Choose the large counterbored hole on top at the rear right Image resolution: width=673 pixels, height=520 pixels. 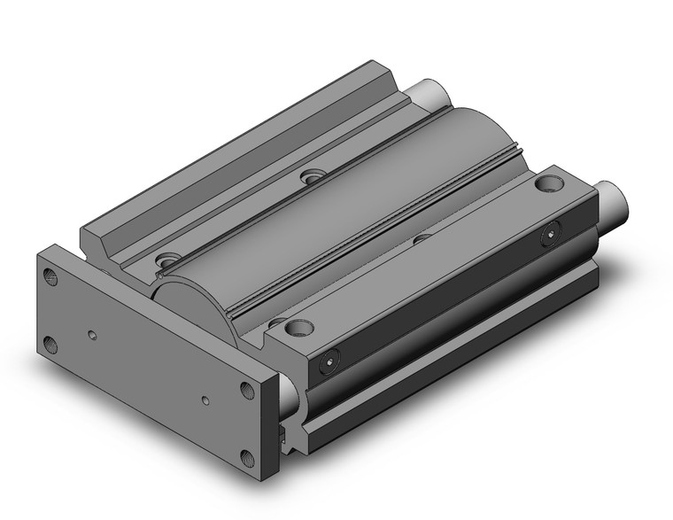[x=547, y=184]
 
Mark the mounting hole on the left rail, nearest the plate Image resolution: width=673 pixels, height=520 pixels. [x=165, y=260]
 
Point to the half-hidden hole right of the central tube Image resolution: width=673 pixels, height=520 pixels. [x=422, y=237]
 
